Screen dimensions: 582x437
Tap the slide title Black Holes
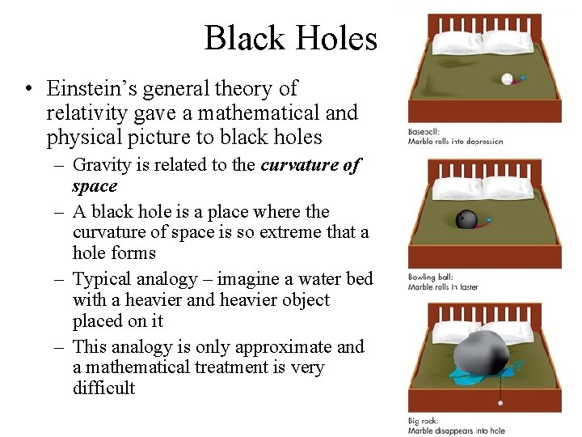click(x=290, y=38)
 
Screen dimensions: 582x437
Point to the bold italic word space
click(x=95, y=186)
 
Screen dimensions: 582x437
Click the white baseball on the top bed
click(x=508, y=79)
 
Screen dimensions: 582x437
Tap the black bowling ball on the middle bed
click(x=466, y=219)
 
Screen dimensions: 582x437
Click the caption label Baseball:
click(x=425, y=132)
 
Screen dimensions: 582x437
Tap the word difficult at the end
click(x=103, y=388)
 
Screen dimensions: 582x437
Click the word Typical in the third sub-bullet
click(x=103, y=279)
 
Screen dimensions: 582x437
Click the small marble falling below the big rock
click(x=501, y=402)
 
